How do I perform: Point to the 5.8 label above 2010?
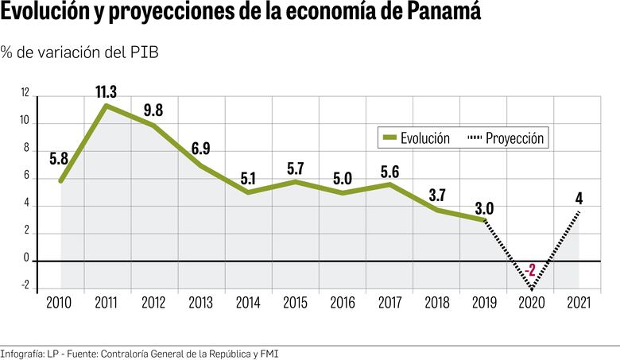pyautogui.click(x=59, y=158)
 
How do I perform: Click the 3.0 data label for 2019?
pyautogui.click(x=483, y=208)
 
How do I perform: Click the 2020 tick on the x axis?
pyautogui.click(x=531, y=303)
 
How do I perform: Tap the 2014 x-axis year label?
pyautogui.click(x=248, y=303)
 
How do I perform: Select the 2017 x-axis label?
pyautogui.click(x=389, y=303)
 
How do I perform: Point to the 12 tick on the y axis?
pyautogui.click(x=25, y=94)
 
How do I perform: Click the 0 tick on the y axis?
pyautogui.click(x=25, y=259)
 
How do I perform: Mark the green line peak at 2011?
pyautogui.click(x=107, y=105)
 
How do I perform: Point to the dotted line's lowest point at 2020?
pyautogui.click(x=531, y=288)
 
